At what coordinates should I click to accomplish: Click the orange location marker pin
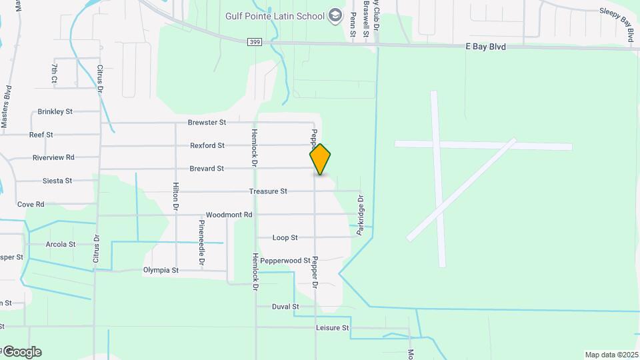click(320, 159)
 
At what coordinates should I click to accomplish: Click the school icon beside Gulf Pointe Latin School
click(335, 16)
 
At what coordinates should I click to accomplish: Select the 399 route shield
click(254, 42)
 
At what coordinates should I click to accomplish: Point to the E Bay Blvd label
click(485, 47)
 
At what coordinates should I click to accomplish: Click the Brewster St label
click(207, 123)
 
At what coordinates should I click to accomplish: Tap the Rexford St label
click(207, 145)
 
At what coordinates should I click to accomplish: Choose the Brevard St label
click(206, 169)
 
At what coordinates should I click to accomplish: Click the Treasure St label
click(268, 191)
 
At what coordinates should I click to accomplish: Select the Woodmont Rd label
click(229, 215)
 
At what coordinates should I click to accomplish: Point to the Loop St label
click(285, 238)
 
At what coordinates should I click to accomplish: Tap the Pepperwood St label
click(285, 261)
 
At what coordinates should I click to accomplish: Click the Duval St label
click(285, 307)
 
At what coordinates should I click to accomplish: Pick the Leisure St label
click(332, 328)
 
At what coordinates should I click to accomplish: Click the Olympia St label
click(161, 270)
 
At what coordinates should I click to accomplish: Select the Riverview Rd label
click(53, 158)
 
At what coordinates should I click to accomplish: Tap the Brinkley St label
click(55, 111)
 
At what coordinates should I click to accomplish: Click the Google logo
click(21, 352)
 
